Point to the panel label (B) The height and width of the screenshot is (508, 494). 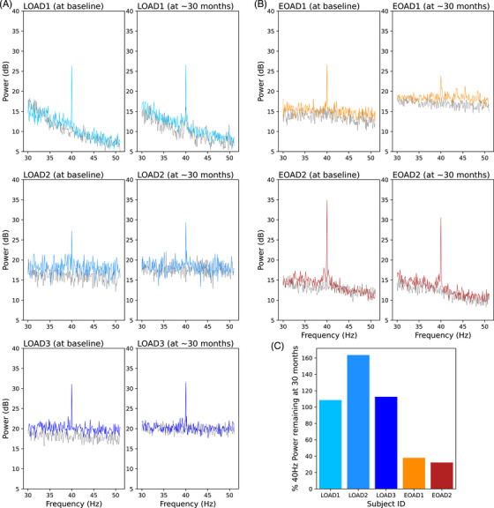[262, 7]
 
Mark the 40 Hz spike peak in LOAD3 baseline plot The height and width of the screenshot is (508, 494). [71, 360]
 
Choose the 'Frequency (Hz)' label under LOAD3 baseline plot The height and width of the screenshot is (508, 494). [70, 503]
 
